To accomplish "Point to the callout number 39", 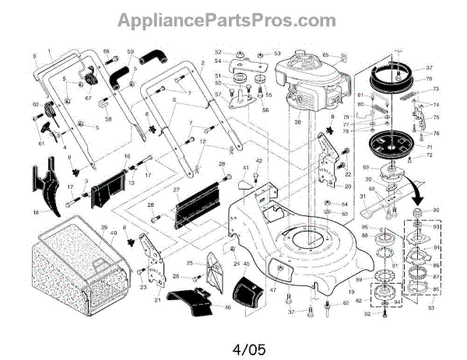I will click(102, 228).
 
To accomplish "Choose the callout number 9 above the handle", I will click(35, 56).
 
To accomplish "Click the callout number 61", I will click(41, 145).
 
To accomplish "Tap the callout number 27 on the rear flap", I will click(177, 190).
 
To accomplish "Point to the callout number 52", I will click(219, 52).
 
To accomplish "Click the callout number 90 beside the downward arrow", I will click(436, 211).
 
